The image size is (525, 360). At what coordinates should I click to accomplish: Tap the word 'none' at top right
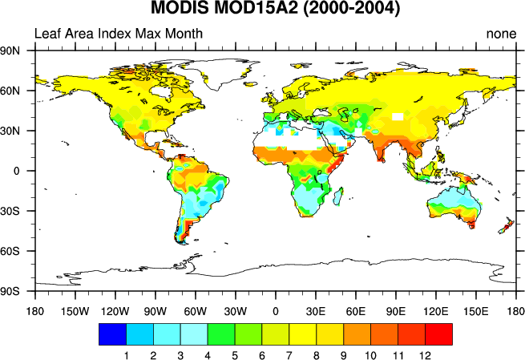pyautogui.click(x=500, y=34)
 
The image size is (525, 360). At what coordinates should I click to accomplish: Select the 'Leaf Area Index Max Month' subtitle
pyautogui.click(x=118, y=34)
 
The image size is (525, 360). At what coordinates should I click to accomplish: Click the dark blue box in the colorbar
pyautogui.click(x=111, y=334)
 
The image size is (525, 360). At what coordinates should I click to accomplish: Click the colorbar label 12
pyautogui.click(x=425, y=354)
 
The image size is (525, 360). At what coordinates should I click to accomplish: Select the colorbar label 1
pyautogui.click(x=126, y=354)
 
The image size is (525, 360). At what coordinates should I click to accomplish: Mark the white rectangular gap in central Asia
pyautogui.click(x=398, y=118)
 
